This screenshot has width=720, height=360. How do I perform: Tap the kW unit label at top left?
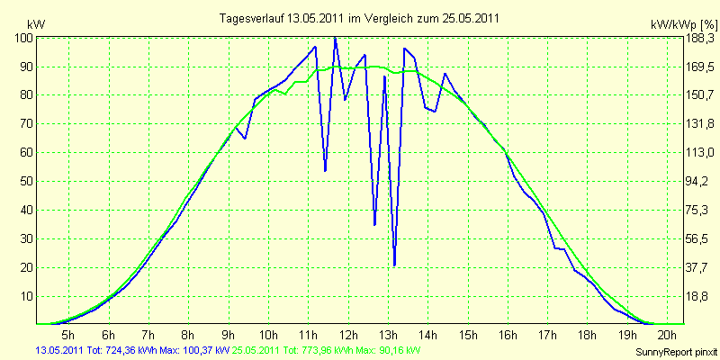coord(36,24)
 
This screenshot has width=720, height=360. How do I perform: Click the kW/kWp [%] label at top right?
coord(683,24)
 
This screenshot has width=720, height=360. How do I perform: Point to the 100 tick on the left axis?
coord(23,38)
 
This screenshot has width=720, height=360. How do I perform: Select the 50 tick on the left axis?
coord(27,182)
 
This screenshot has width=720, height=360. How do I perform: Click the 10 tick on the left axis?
coord(27,296)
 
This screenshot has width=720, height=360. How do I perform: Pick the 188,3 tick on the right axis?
coord(700,38)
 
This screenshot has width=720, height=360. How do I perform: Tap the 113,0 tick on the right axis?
coord(700,153)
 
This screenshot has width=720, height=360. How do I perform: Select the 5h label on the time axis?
coord(68,334)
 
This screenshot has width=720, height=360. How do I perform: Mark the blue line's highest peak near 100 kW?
coord(335,38)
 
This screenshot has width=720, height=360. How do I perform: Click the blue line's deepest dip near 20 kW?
coord(394,265)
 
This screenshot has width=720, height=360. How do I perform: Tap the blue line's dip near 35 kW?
coord(374,224)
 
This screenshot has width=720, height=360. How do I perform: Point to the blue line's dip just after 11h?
coord(325,171)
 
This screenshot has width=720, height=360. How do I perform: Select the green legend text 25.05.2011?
coord(252,351)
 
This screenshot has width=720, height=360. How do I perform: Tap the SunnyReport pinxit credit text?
coord(676,352)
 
